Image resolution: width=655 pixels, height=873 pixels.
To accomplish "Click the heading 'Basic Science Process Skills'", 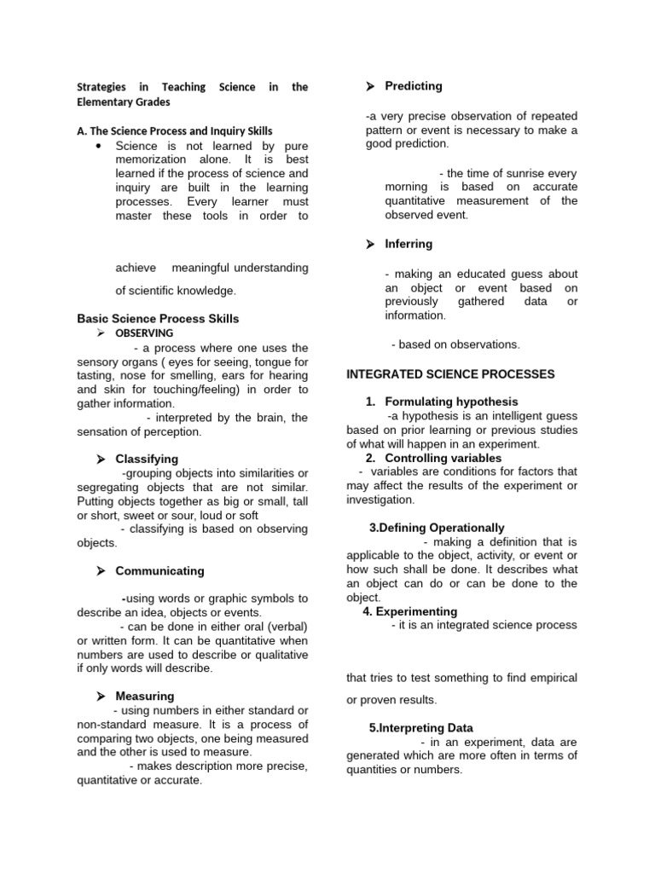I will pyautogui.click(x=158, y=319).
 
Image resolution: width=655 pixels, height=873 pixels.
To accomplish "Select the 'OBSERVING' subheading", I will pyautogui.click(x=144, y=333).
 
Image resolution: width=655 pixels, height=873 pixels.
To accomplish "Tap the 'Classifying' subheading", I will pyautogui.click(x=147, y=459).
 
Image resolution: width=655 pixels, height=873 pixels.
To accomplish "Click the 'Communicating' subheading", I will pyautogui.click(x=159, y=570).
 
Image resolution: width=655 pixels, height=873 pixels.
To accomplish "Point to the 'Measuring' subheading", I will pyautogui.click(x=145, y=696).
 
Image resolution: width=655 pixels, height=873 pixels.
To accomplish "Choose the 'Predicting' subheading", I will pyautogui.click(x=414, y=86).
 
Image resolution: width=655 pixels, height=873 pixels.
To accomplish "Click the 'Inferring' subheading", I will pyautogui.click(x=409, y=244).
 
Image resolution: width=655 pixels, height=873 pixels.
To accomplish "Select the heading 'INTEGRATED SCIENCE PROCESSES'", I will pyautogui.click(x=450, y=374).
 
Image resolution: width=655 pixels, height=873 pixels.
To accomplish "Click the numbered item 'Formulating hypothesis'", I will pyautogui.click(x=451, y=402).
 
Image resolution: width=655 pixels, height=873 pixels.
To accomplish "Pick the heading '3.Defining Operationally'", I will pyautogui.click(x=437, y=528).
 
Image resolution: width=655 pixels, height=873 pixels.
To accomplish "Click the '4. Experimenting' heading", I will pyautogui.click(x=409, y=611).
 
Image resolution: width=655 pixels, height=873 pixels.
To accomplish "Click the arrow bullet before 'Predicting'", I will pyautogui.click(x=370, y=87).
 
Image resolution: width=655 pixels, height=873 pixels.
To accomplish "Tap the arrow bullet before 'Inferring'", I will pyautogui.click(x=370, y=245).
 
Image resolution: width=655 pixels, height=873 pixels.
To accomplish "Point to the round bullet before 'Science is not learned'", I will pyautogui.click(x=100, y=146).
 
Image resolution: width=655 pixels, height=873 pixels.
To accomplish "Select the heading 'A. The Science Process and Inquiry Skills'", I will pyautogui.click(x=175, y=131).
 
